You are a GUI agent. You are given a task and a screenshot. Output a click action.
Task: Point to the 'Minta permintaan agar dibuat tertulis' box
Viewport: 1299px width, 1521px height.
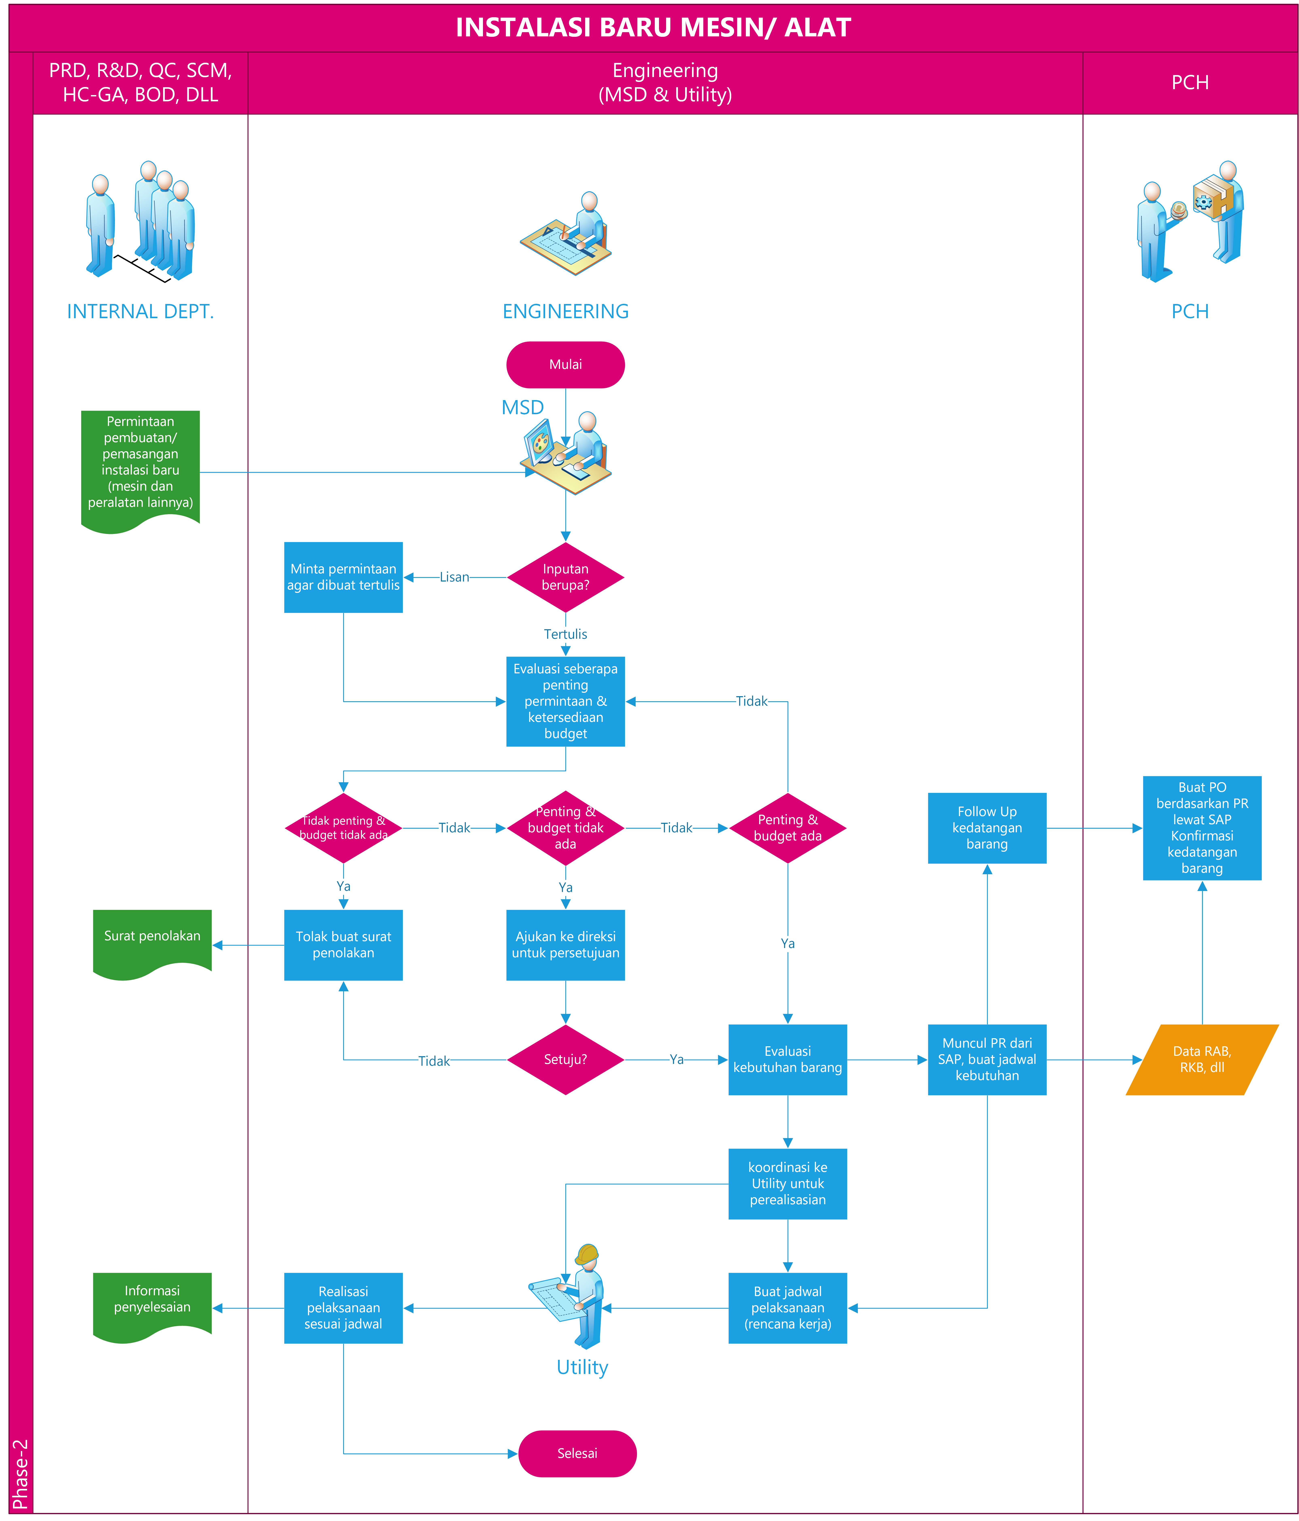[343, 577]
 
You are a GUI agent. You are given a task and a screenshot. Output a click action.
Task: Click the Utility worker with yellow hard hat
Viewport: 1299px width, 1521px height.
[580, 1296]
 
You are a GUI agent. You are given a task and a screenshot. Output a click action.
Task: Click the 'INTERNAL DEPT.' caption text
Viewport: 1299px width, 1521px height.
[140, 311]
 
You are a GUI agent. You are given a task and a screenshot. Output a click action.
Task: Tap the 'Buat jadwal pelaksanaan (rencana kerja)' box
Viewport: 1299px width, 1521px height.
[787, 1307]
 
